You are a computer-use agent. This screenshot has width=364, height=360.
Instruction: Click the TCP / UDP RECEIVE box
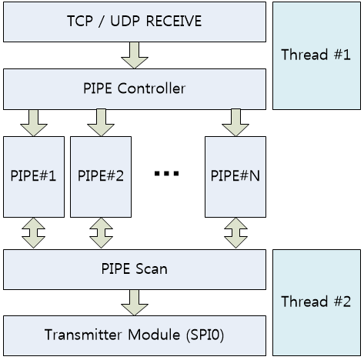point(135,22)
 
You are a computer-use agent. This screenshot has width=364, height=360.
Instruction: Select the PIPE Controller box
point(135,89)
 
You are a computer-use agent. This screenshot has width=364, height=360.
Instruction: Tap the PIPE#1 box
point(34,177)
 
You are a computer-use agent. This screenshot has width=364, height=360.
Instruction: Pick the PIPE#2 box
point(101,177)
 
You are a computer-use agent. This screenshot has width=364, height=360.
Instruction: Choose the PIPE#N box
point(235,177)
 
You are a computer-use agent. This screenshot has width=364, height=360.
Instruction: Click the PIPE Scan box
point(135,270)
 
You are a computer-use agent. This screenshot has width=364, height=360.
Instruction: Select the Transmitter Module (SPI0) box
point(135,335)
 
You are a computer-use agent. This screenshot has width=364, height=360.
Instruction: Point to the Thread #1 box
point(316,56)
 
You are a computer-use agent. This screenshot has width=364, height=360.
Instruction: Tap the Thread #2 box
point(316,302)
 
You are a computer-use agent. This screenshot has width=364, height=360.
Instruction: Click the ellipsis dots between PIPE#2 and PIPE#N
point(166,174)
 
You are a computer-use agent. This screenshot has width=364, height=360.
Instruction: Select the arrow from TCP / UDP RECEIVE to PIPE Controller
point(135,55)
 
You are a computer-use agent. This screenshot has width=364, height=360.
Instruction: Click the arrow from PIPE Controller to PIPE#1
point(34,123)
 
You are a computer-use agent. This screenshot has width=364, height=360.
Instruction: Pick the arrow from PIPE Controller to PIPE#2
point(101,123)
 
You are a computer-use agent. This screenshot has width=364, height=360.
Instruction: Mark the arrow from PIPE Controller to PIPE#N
point(235,123)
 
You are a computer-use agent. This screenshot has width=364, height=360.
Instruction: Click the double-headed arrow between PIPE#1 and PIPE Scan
point(34,233)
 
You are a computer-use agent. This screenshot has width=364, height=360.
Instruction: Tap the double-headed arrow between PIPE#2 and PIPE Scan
point(101,233)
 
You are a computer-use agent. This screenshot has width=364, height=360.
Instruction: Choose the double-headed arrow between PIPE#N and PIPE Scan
point(235,233)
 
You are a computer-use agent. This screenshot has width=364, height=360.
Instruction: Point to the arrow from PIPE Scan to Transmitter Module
point(135,303)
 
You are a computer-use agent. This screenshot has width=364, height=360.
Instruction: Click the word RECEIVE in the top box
point(174,21)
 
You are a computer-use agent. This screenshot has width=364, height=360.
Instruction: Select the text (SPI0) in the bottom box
point(205,335)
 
